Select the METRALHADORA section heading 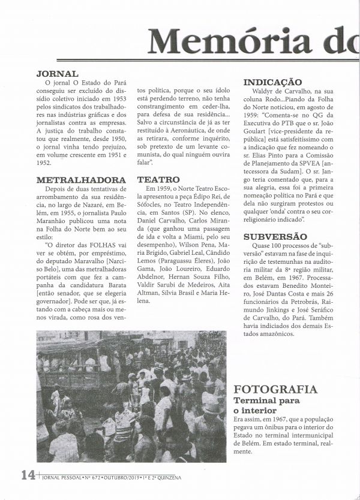[x=81, y=179]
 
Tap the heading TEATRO [x=158, y=179]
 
